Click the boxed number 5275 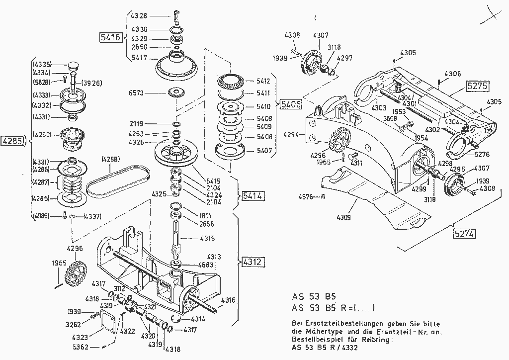click(x=477, y=87)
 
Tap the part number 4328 click(x=139, y=16)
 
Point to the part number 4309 click(x=343, y=217)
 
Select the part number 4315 click(x=208, y=239)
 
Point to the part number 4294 click(x=292, y=134)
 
